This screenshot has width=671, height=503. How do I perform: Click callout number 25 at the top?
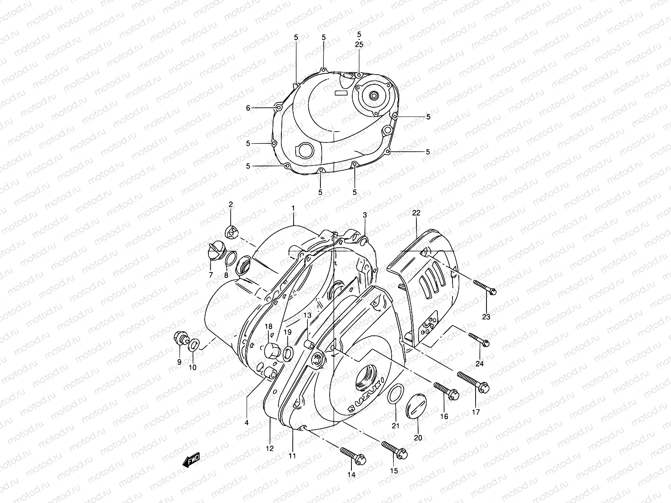click(x=359, y=44)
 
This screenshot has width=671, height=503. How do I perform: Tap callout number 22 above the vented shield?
click(x=416, y=213)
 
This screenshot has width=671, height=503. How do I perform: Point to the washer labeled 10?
click(x=194, y=346)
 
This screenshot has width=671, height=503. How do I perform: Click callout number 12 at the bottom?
click(x=270, y=448)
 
